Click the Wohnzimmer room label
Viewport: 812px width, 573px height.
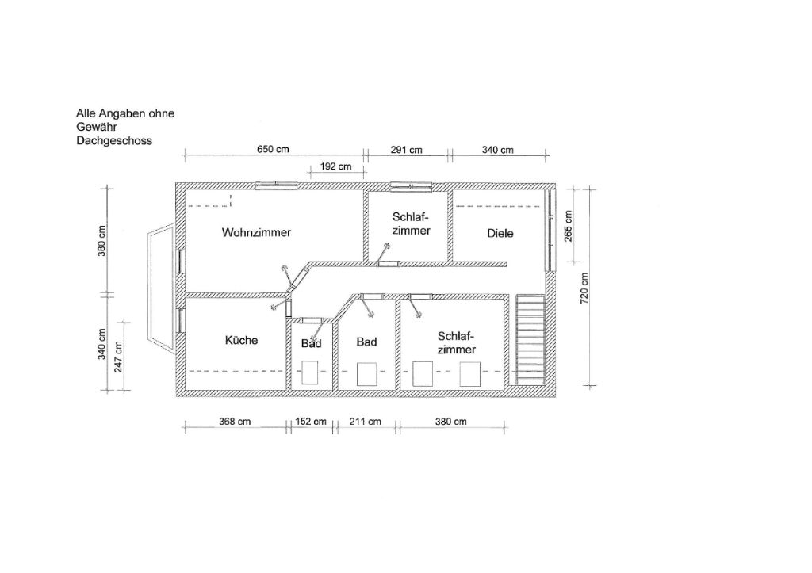pos(256,232)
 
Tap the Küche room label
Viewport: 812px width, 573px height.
pos(241,340)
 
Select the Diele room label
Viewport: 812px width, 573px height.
pos(500,234)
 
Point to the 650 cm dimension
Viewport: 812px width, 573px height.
pos(273,150)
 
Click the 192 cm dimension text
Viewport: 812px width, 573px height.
pos(335,166)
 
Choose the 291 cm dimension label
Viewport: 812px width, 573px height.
pos(407,150)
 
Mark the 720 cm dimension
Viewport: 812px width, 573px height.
pos(584,288)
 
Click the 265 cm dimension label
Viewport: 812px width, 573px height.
pos(568,226)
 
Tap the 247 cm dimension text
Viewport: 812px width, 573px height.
pos(119,357)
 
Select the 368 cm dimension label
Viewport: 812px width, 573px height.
pos(235,422)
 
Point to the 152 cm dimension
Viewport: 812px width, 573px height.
pos(311,422)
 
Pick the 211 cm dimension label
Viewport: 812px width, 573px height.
pos(365,422)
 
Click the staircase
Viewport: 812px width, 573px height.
pos(530,339)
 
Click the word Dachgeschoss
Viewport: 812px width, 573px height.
pos(114,141)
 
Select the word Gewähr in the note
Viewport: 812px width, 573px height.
pos(97,127)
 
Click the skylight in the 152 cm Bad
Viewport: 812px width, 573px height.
pos(310,372)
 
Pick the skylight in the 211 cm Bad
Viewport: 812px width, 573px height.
pos(366,374)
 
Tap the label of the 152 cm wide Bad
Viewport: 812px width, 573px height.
pos(311,343)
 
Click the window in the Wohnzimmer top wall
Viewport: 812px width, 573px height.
pos(277,185)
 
